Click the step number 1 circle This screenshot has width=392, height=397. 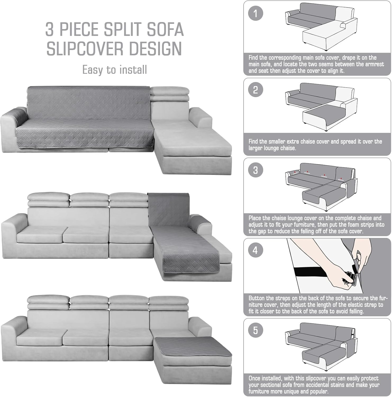click(x=256, y=13)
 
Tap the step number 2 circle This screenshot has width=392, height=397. click(x=256, y=90)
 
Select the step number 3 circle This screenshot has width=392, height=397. click(x=256, y=170)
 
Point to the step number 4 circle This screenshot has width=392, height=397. click(x=256, y=250)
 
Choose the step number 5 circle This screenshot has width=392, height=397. click(x=256, y=330)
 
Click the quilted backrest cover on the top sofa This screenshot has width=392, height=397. click(x=89, y=103)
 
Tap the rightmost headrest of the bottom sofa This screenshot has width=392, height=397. click(x=168, y=303)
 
